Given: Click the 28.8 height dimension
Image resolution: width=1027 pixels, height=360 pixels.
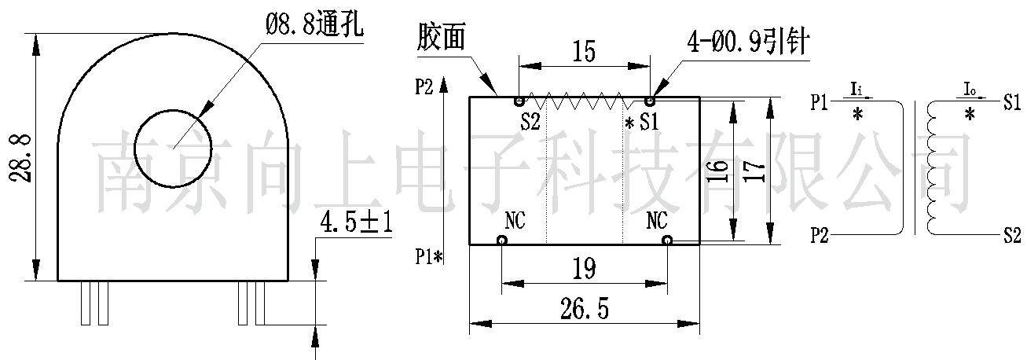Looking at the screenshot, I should coord(21,157).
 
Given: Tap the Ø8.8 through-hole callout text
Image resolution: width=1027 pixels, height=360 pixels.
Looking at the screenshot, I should coord(314,25).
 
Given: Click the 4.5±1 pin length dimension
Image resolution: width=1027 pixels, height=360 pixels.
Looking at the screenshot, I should coord(355,223).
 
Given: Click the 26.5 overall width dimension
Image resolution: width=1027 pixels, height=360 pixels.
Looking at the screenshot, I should coord(585,308).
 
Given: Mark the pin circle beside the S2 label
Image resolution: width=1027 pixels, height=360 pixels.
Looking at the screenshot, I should coord(519,101).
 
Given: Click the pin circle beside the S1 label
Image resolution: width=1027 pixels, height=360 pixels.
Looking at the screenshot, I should coord(650,101).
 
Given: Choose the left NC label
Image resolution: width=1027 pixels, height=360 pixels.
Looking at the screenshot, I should coord(514,220).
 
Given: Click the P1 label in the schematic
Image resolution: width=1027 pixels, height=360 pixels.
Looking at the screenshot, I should coord(820,102).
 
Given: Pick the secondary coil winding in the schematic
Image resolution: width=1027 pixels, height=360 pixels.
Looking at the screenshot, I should coord(933,168).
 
